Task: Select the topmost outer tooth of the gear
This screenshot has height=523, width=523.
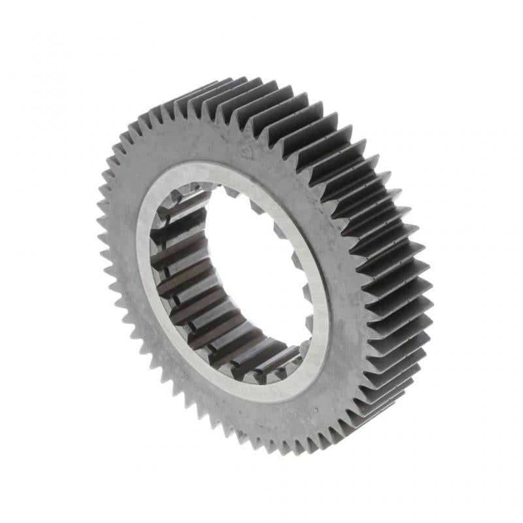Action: [216, 80]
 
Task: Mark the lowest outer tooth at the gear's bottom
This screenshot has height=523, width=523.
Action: [288, 451]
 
